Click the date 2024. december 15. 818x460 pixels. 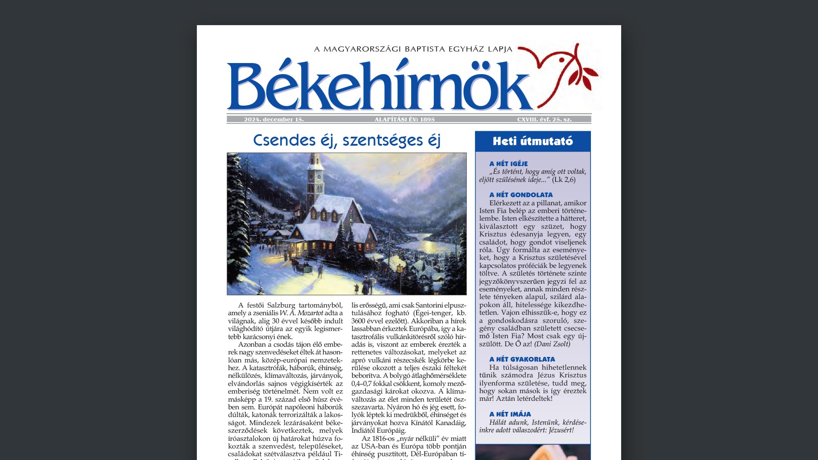(x=274, y=120)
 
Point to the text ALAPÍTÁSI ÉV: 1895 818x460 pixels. (x=404, y=120)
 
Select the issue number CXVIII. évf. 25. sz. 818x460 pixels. (x=544, y=120)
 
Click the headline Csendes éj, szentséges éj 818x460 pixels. (x=346, y=140)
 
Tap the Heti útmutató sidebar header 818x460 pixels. (x=533, y=141)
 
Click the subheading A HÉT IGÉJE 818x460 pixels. (x=508, y=164)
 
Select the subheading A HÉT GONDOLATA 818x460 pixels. (x=521, y=195)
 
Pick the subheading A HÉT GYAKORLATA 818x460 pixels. (x=522, y=359)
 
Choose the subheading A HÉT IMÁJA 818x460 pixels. (x=510, y=414)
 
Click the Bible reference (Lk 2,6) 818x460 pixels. (x=564, y=180)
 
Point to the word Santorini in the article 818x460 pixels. (x=430, y=305)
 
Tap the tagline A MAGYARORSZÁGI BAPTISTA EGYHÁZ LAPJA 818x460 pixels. (x=413, y=49)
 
